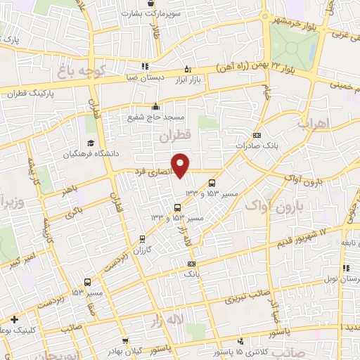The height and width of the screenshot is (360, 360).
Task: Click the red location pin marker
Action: [x=181, y=165]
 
